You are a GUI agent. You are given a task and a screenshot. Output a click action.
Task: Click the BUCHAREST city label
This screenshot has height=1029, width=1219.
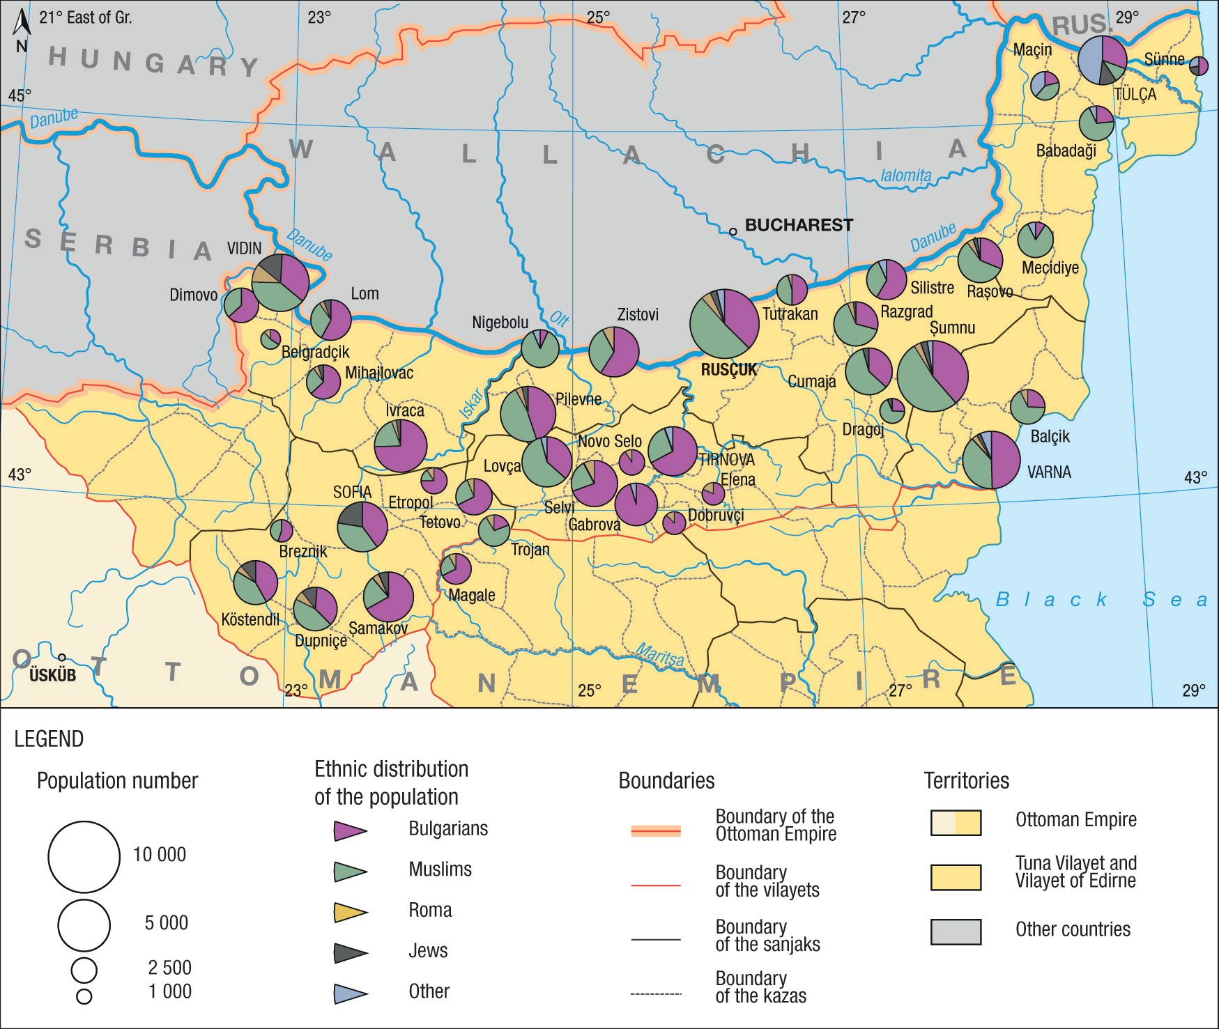(x=799, y=225)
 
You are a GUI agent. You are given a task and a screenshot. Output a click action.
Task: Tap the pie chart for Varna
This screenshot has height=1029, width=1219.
(x=991, y=460)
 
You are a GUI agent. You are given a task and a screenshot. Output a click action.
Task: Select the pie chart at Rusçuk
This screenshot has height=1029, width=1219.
(x=724, y=324)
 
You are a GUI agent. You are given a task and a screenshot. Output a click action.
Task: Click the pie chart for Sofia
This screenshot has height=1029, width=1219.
(x=362, y=527)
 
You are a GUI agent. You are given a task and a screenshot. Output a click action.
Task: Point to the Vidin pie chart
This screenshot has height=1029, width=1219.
(x=280, y=282)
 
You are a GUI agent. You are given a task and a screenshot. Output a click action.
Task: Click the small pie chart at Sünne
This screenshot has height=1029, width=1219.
(x=1198, y=66)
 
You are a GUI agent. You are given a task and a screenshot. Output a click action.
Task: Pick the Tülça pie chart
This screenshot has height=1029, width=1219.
(x=1102, y=60)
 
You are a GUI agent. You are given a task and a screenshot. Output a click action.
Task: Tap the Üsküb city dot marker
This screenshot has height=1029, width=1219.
(x=62, y=657)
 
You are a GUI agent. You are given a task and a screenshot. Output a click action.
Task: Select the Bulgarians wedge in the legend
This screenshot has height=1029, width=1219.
(x=349, y=830)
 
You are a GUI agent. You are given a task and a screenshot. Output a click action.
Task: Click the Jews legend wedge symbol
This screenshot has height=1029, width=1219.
(x=349, y=952)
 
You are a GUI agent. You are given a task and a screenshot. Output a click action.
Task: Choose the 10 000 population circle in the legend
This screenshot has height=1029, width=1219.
(x=84, y=857)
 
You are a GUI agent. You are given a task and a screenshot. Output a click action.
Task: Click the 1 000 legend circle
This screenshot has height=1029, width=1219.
(x=84, y=996)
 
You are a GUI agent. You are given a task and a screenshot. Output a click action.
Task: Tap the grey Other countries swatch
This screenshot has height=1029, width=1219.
(x=956, y=931)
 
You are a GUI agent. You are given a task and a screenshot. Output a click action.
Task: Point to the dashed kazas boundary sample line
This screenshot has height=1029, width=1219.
(x=655, y=993)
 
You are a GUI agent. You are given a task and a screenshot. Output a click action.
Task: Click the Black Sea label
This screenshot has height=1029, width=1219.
(x=1101, y=599)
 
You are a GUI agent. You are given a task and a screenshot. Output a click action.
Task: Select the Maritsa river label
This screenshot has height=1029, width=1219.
(x=660, y=656)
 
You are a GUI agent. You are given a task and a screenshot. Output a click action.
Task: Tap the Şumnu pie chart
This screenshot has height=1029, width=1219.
(x=933, y=376)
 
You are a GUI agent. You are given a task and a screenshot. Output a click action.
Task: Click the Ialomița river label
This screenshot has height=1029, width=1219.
(x=905, y=176)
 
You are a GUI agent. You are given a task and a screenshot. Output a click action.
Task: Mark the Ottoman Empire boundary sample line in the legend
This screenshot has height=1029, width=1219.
(x=655, y=830)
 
